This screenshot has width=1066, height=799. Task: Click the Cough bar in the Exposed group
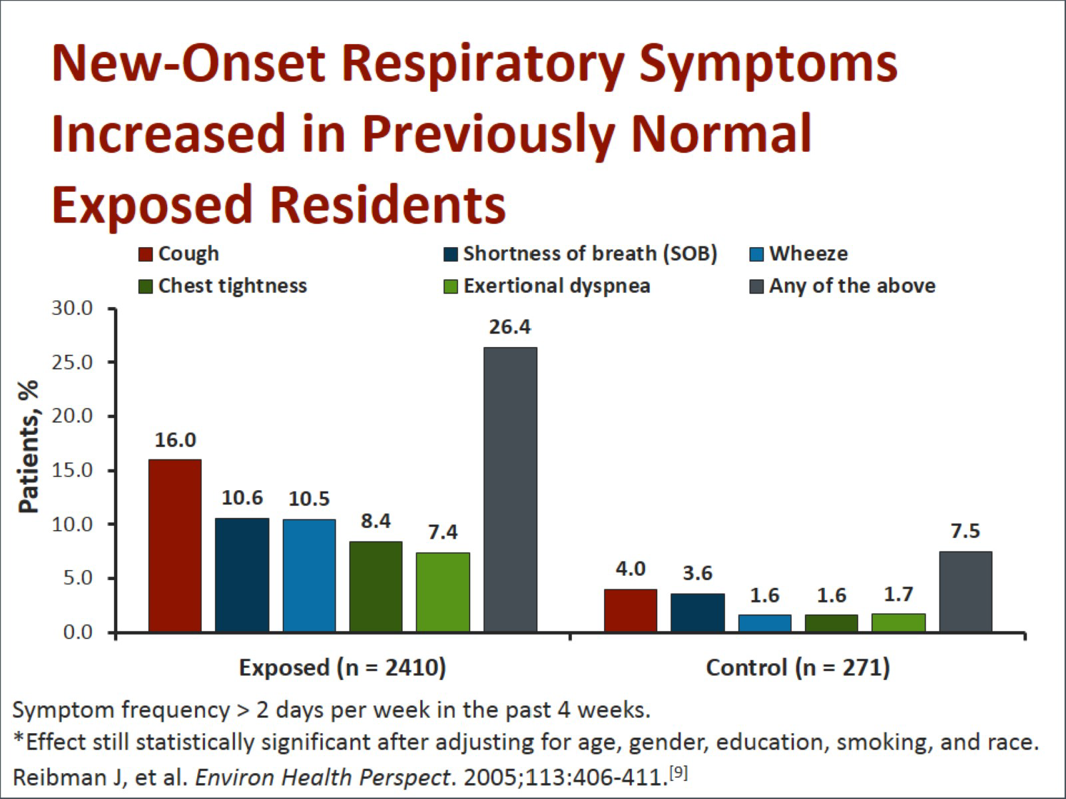[174, 545]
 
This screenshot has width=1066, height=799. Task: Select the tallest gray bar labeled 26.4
[510, 489]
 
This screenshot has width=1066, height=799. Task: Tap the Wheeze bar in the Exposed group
[309, 575]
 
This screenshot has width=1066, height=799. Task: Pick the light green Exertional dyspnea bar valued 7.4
[443, 592]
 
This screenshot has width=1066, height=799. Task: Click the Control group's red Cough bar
[631, 610]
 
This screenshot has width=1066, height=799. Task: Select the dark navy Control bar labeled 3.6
[697, 613]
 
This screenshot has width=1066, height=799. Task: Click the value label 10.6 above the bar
[242, 498]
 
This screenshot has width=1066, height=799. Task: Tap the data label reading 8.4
[376, 521]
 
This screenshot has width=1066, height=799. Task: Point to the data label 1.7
[898, 594]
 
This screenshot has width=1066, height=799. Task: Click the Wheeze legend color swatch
[757, 254]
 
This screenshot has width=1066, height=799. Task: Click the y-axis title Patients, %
[28, 446]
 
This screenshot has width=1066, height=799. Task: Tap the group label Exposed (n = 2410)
[342, 667]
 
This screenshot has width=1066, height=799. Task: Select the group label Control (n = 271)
[798, 667]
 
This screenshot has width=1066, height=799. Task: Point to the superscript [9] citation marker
[678, 773]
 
